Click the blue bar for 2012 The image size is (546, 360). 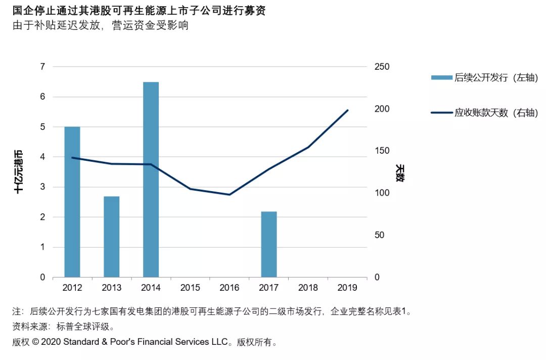(x=72, y=202)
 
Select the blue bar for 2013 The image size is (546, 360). (x=111, y=237)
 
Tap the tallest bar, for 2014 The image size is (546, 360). (x=151, y=179)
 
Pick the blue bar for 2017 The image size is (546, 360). (x=269, y=244)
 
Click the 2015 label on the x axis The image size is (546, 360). (x=190, y=288)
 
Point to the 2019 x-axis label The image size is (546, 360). (x=347, y=288)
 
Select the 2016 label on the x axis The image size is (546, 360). (x=230, y=288)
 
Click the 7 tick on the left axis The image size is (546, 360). (x=42, y=67)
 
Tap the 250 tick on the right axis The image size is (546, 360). (x=382, y=67)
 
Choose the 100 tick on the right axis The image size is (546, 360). (x=382, y=193)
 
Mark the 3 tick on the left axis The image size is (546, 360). (x=42, y=187)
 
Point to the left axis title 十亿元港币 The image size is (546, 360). (x=19, y=171)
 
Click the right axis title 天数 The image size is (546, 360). (x=400, y=173)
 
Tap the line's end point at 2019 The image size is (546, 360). (x=347, y=110)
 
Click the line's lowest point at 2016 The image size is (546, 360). (x=230, y=195)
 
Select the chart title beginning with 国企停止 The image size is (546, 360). (x=140, y=11)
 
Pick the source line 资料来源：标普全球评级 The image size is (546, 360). (x=63, y=327)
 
